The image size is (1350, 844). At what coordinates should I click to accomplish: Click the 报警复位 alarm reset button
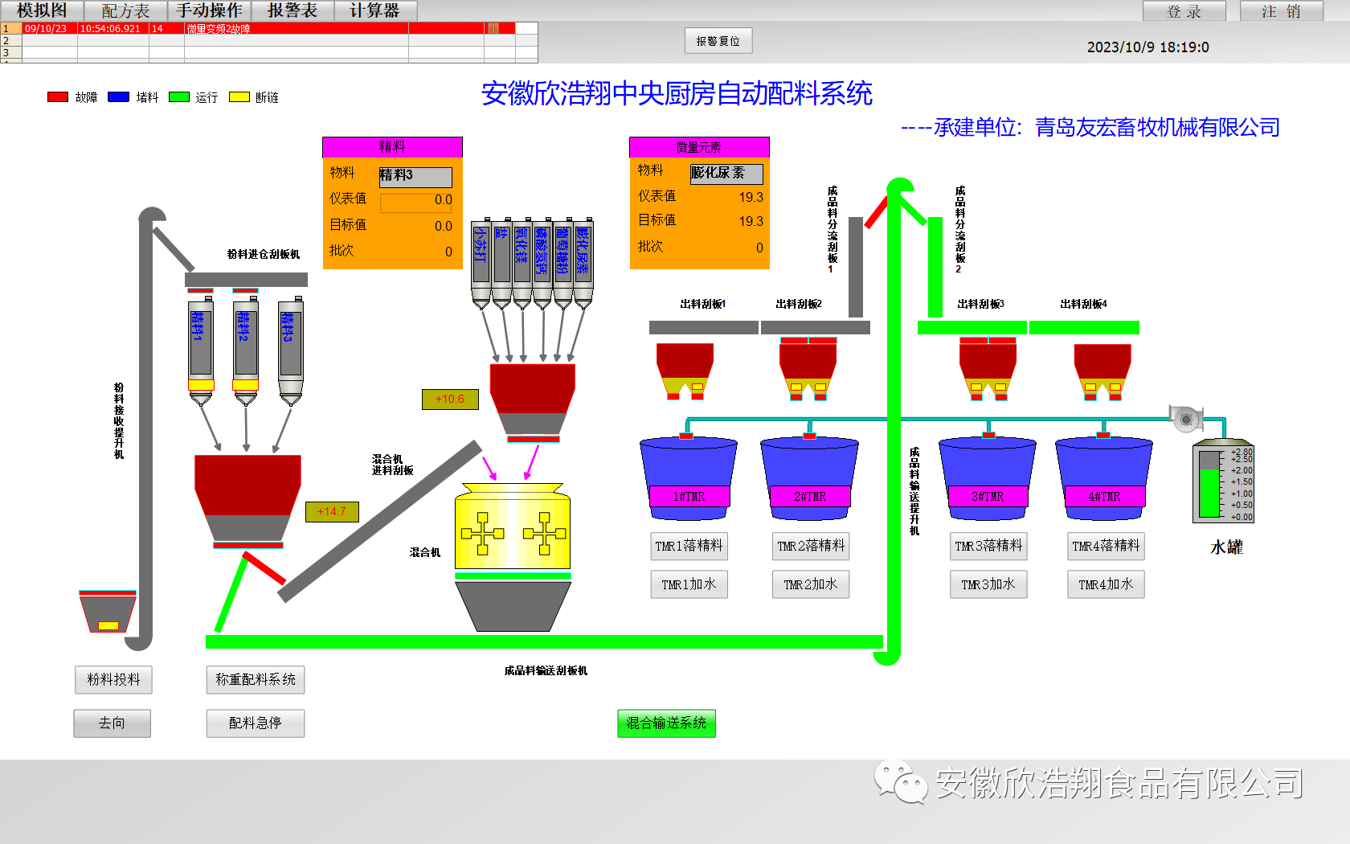pyautogui.click(x=718, y=41)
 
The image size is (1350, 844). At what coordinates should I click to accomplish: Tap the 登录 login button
pyautogui.click(x=1184, y=11)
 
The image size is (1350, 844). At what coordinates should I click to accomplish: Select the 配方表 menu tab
pyautogui.click(x=125, y=10)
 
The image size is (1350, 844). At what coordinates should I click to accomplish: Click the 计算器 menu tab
pyautogui.click(x=374, y=10)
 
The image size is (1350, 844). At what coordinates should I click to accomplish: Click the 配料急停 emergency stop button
pyautogui.click(x=255, y=723)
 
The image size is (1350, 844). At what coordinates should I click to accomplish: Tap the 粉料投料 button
pyautogui.click(x=113, y=679)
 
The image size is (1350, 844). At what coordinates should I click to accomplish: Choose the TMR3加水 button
pyautogui.click(x=988, y=584)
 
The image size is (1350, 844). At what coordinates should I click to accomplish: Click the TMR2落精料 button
pyautogui.click(x=810, y=546)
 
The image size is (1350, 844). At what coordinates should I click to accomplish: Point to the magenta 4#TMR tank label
pyautogui.click(x=1104, y=497)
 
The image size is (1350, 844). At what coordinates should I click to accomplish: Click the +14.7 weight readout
pyautogui.click(x=332, y=511)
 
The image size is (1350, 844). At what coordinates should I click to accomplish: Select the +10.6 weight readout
pyautogui.click(x=450, y=399)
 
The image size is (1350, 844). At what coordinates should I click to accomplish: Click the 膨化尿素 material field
pyautogui.click(x=726, y=173)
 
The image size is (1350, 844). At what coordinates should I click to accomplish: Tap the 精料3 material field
pyautogui.click(x=415, y=175)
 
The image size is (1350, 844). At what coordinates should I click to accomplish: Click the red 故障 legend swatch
pyautogui.click(x=58, y=97)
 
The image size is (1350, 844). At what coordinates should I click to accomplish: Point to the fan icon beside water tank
pyautogui.click(x=1186, y=418)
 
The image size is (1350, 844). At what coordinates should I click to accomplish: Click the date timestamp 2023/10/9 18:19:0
pyautogui.click(x=1147, y=47)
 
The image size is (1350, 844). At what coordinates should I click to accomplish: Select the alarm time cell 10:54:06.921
pyautogui.click(x=112, y=28)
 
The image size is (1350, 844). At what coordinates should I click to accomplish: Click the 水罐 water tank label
pyautogui.click(x=1226, y=547)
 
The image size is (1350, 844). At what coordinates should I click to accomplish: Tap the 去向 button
pyautogui.click(x=112, y=723)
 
